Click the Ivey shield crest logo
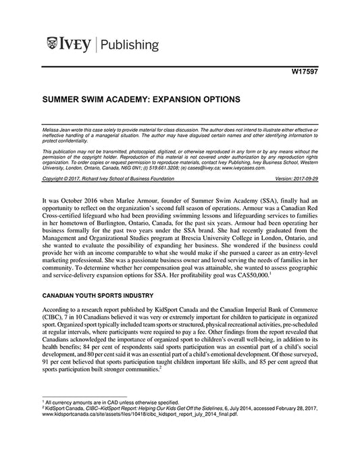pyautogui.click(x=53, y=45)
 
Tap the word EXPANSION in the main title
pyautogui.click(x=170, y=99)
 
